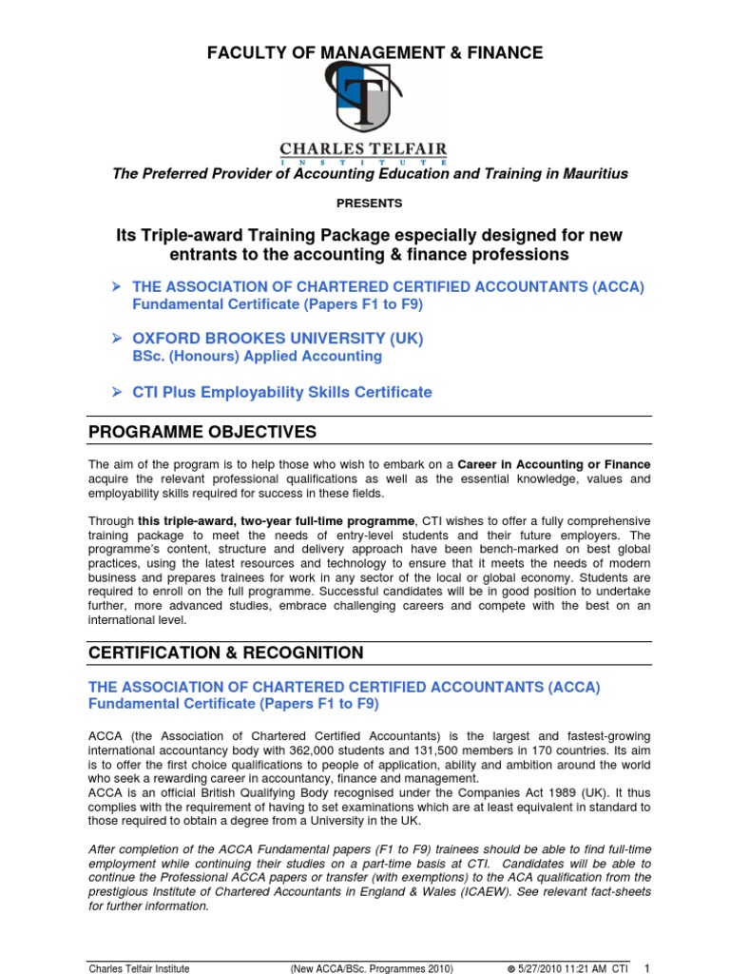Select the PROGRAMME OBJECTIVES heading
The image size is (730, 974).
[202, 433]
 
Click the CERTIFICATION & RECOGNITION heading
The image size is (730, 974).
[225, 653]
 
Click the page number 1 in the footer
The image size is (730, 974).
[646, 967]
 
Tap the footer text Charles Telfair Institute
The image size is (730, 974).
[139, 968]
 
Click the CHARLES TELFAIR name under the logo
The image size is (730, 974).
[362, 150]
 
